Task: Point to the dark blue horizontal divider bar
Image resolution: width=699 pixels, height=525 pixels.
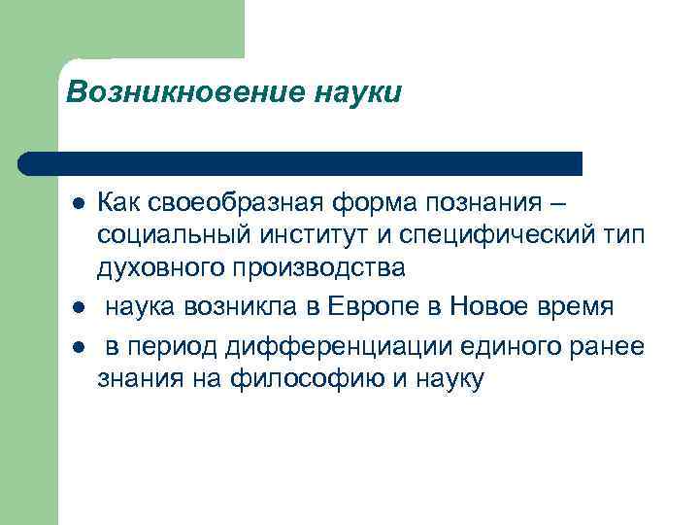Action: tap(301, 162)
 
